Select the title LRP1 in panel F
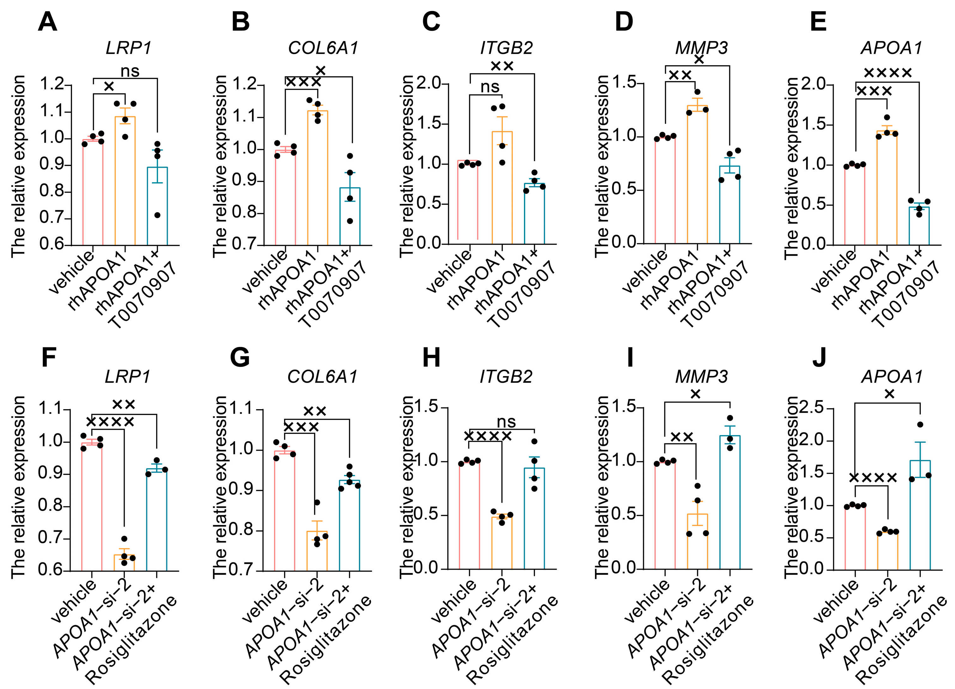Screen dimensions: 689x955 [x=127, y=376]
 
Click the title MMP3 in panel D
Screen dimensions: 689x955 [x=702, y=48]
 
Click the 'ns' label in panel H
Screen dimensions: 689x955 [x=506, y=422]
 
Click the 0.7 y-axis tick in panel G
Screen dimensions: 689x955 [x=245, y=570]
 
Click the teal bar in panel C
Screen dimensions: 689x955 [x=534, y=214]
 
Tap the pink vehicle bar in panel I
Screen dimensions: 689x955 [x=665, y=515]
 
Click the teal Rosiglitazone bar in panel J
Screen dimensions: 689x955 [x=920, y=515]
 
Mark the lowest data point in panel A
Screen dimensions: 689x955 [x=157, y=215]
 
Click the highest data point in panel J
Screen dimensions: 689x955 [x=920, y=424]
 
